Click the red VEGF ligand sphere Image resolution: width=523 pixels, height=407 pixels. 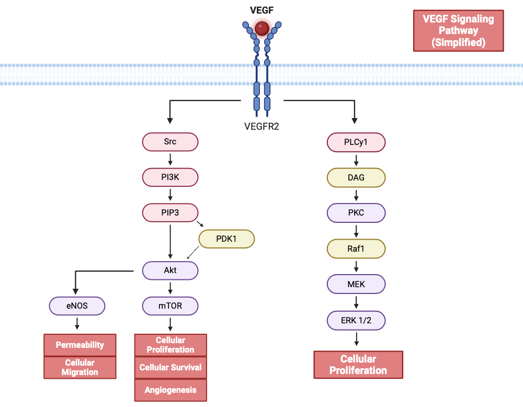click(x=262, y=28)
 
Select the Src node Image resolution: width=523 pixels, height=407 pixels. click(x=170, y=142)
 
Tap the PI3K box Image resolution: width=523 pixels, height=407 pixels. click(x=170, y=177)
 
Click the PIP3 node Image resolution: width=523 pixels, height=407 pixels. click(x=170, y=212)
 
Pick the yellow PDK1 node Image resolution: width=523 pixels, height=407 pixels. click(x=226, y=239)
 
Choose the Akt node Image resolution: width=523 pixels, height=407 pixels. click(x=170, y=270)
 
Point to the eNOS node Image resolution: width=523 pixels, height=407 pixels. click(x=77, y=306)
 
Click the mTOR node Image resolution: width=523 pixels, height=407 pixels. click(x=170, y=306)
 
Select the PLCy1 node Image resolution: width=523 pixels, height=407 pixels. click(x=356, y=142)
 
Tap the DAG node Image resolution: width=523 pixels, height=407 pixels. click(x=356, y=177)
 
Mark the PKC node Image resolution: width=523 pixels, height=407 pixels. click(x=356, y=213)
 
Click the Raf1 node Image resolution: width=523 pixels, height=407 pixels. click(x=356, y=248)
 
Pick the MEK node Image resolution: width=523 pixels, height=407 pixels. click(x=356, y=284)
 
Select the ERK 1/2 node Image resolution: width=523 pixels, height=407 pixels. click(x=356, y=320)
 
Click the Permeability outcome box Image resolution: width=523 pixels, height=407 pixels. click(x=80, y=345)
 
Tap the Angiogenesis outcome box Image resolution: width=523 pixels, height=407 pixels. click(x=170, y=390)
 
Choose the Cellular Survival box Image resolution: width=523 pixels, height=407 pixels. click(x=170, y=367)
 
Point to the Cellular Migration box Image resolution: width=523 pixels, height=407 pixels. click(x=80, y=367)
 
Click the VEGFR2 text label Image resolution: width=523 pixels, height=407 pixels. click(x=261, y=126)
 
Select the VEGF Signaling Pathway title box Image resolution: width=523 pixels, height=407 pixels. click(x=458, y=30)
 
